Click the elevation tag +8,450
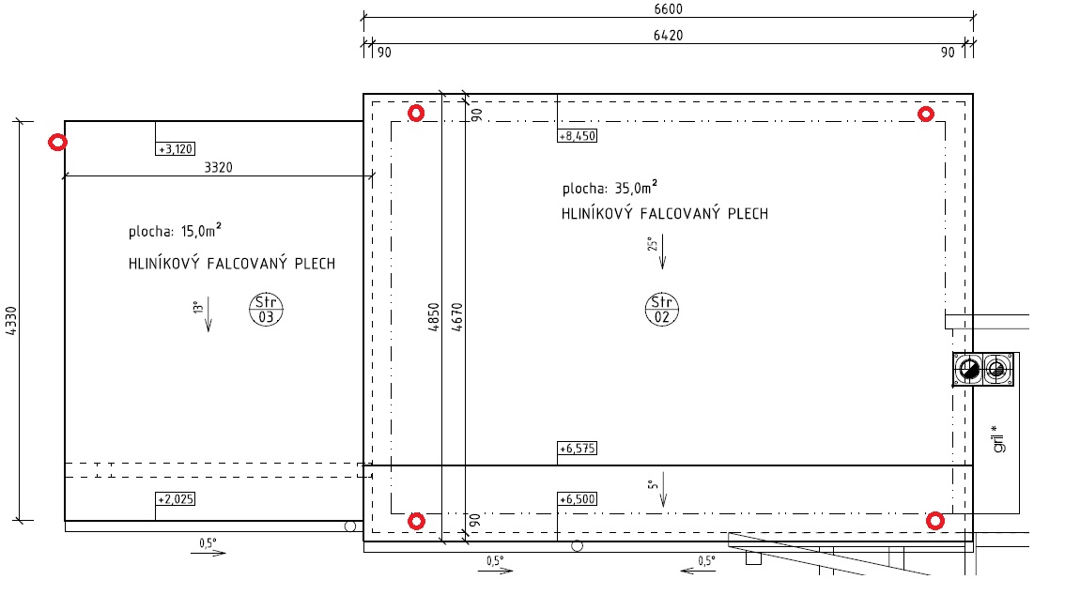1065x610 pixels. coord(578,136)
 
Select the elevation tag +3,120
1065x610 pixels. coord(176,148)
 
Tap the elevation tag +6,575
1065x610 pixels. coord(578,448)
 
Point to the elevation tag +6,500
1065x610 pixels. coord(578,498)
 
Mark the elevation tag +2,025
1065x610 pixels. coord(176,498)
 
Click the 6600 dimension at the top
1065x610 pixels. coord(669,8)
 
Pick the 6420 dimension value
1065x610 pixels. coord(669,36)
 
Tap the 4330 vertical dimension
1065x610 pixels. coord(11,320)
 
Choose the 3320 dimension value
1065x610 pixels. coord(218,167)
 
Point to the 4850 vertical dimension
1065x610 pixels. coord(434,317)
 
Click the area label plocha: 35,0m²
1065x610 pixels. coord(610,188)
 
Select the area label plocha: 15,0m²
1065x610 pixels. coord(176,230)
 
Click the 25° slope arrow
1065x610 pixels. coord(662,252)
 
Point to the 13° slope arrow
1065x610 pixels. coord(208,314)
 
